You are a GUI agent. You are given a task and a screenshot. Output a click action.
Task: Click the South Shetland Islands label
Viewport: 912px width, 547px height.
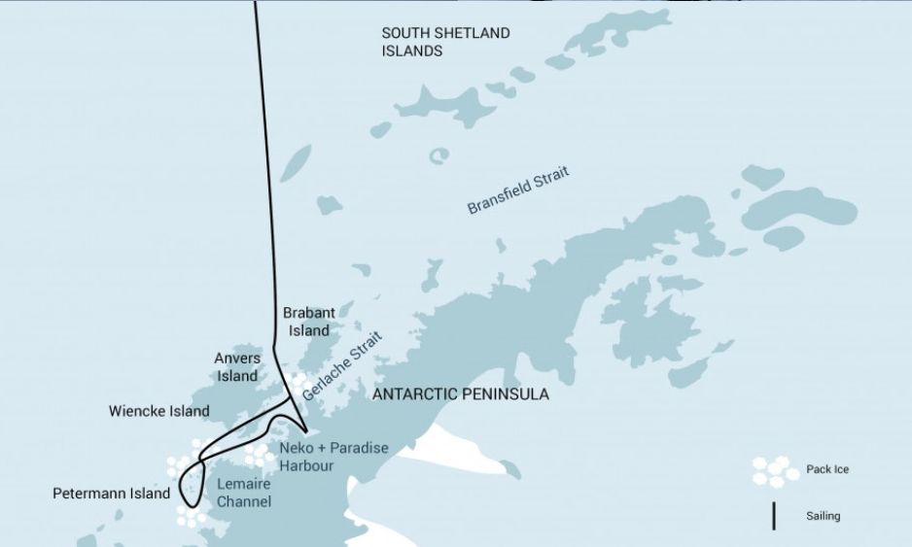[444, 42]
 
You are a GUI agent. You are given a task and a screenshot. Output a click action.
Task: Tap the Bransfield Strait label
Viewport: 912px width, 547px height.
[517, 190]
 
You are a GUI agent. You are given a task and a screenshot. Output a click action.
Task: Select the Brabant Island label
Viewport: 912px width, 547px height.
[308, 322]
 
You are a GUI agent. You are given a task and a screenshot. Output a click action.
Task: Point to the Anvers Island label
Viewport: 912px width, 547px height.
[237, 367]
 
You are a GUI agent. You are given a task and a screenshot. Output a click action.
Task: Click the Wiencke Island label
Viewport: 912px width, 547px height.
[158, 411]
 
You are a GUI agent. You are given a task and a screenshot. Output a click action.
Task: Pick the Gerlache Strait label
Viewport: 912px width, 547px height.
[336, 365]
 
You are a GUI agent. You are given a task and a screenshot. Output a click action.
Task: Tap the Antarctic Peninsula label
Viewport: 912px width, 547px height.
[461, 394]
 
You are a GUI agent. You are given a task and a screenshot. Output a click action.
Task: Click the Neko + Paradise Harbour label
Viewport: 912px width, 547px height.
[333, 457]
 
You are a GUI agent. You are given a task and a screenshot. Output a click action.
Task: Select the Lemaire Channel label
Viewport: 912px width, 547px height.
[243, 493]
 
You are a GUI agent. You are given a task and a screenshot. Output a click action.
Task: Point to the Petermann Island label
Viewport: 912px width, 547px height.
[111, 494]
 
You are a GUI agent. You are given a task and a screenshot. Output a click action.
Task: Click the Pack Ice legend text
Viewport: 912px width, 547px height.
[826, 470]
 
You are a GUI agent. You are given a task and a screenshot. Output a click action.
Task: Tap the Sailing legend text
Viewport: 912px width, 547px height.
[823, 516]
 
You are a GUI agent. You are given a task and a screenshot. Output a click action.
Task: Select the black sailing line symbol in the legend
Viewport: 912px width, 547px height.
[774, 516]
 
